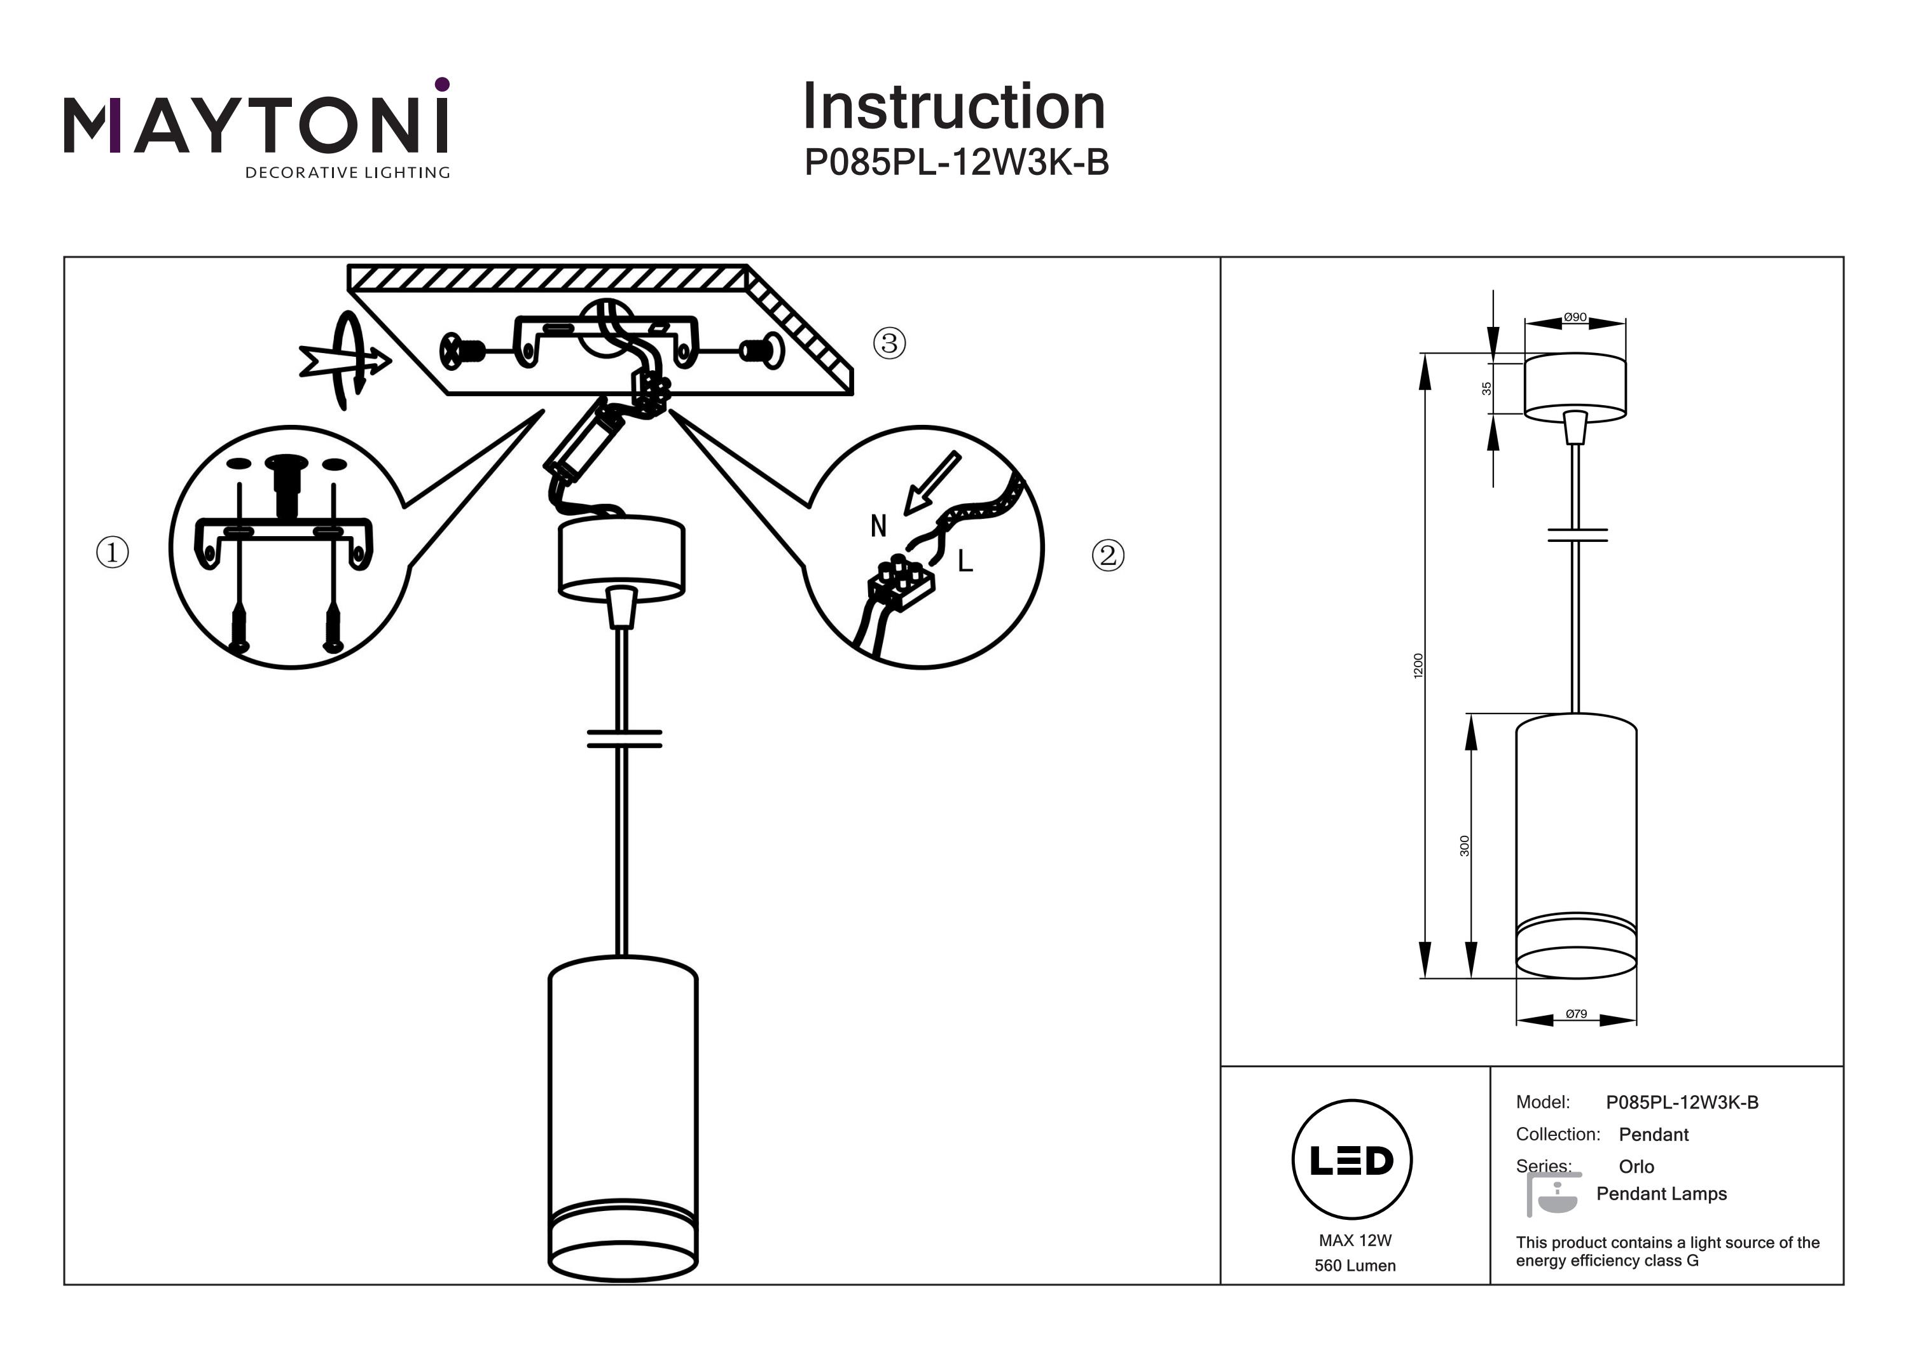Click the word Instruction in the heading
(953, 107)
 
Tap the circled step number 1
(113, 552)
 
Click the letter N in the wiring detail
(878, 526)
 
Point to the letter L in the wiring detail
(965, 562)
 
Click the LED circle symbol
(1351, 1159)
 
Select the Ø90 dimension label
(1575, 317)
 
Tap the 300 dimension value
(1464, 845)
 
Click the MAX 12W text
(1355, 1240)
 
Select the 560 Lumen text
(1355, 1265)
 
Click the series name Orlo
(1636, 1166)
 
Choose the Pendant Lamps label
(1661, 1194)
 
